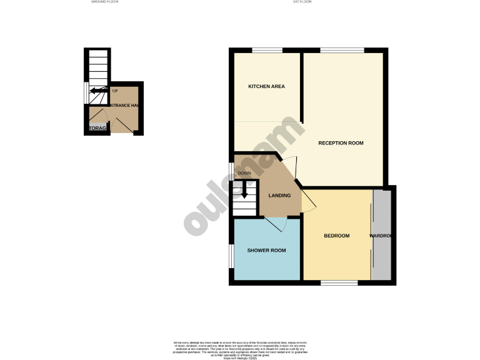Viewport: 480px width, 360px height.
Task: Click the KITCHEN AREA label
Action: (x=266, y=86)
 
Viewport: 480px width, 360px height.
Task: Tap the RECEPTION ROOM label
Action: (x=341, y=143)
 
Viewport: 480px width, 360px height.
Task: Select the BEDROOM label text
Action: (x=336, y=236)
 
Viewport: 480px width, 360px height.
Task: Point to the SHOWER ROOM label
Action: (x=266, y=251)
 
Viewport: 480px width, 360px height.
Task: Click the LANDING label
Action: (x=279, y=196)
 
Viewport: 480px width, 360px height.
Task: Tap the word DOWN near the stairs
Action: (x=244, y=173)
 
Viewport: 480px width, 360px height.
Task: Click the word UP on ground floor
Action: (x=115, y=91)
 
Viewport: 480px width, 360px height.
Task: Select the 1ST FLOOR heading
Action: (x=302, y=2)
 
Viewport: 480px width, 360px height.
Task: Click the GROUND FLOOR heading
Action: (x=104, y=2)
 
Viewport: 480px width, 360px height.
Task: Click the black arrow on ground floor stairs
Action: (x=97, y=91)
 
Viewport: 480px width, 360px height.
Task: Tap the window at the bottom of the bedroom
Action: (x=339, y=282)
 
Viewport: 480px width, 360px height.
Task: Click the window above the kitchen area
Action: (x=266, y=50)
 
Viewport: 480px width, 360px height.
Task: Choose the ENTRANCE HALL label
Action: (x=124, y=106)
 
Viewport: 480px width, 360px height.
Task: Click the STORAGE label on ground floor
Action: (x=97, y=129)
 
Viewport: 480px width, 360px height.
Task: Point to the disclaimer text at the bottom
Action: (x=239, y=348)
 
